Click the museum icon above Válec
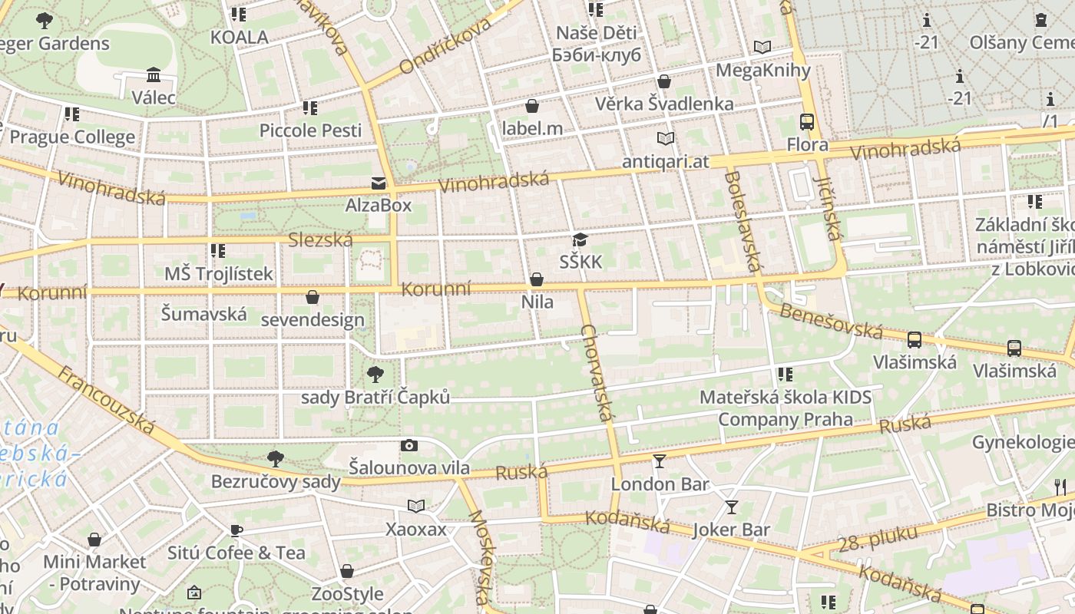154,75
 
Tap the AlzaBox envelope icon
379,183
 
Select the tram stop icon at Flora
807,122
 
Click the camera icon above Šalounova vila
409,445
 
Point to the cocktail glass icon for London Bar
660,461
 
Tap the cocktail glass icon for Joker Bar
731,507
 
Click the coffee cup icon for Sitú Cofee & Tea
237,530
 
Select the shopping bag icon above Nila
537,279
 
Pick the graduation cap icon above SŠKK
580,240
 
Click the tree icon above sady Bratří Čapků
375,375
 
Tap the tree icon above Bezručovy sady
275,459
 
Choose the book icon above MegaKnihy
762,48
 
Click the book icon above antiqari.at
665,139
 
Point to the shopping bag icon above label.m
532,106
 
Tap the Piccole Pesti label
310,130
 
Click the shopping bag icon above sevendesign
313,297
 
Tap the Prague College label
72,137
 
